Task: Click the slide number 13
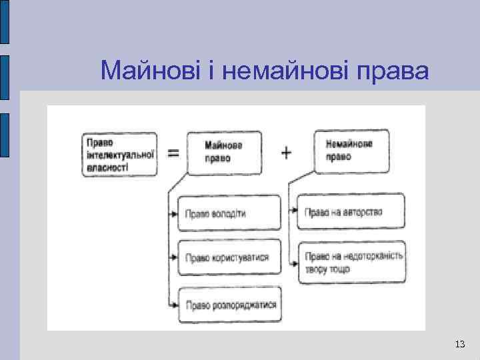click(459, 344)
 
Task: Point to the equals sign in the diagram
click(173, 153)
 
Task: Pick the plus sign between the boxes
click(286, 153)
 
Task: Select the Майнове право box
click(224, 152)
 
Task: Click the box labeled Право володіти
click(221, 213)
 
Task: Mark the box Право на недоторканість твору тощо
click(352, 262)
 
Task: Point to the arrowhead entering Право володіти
click(173, 214)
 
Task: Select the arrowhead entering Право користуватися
click(173, 256)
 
